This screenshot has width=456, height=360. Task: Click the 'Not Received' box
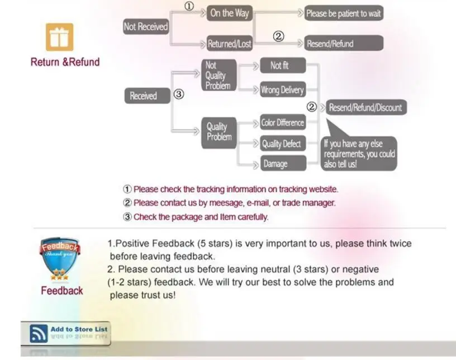click(145, 26)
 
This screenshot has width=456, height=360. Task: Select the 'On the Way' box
click(229, 13)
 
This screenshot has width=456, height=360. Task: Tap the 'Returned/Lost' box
click(229, 44)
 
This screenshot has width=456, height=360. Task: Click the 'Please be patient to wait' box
click(344, 13)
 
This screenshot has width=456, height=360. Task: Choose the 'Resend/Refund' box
click(344, 44)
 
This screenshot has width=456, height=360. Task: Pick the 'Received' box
click(143, 96)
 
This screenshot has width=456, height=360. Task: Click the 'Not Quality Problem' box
click(218, 75)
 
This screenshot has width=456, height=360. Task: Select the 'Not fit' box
click(283, 65)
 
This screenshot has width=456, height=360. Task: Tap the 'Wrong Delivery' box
click(283, 89)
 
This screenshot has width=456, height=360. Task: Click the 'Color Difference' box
click(283, 122)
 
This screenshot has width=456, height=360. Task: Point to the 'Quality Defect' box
click(283, 144)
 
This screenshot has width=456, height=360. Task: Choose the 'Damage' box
click(283, 164)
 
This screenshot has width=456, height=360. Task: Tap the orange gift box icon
click(59, 37)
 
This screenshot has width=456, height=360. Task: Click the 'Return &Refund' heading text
click(65, 62)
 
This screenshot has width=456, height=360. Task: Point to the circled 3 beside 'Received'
click(178, 94)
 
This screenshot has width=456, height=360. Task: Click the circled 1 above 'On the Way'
click(189, 6)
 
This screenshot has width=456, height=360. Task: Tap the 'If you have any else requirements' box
click(359, 154)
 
